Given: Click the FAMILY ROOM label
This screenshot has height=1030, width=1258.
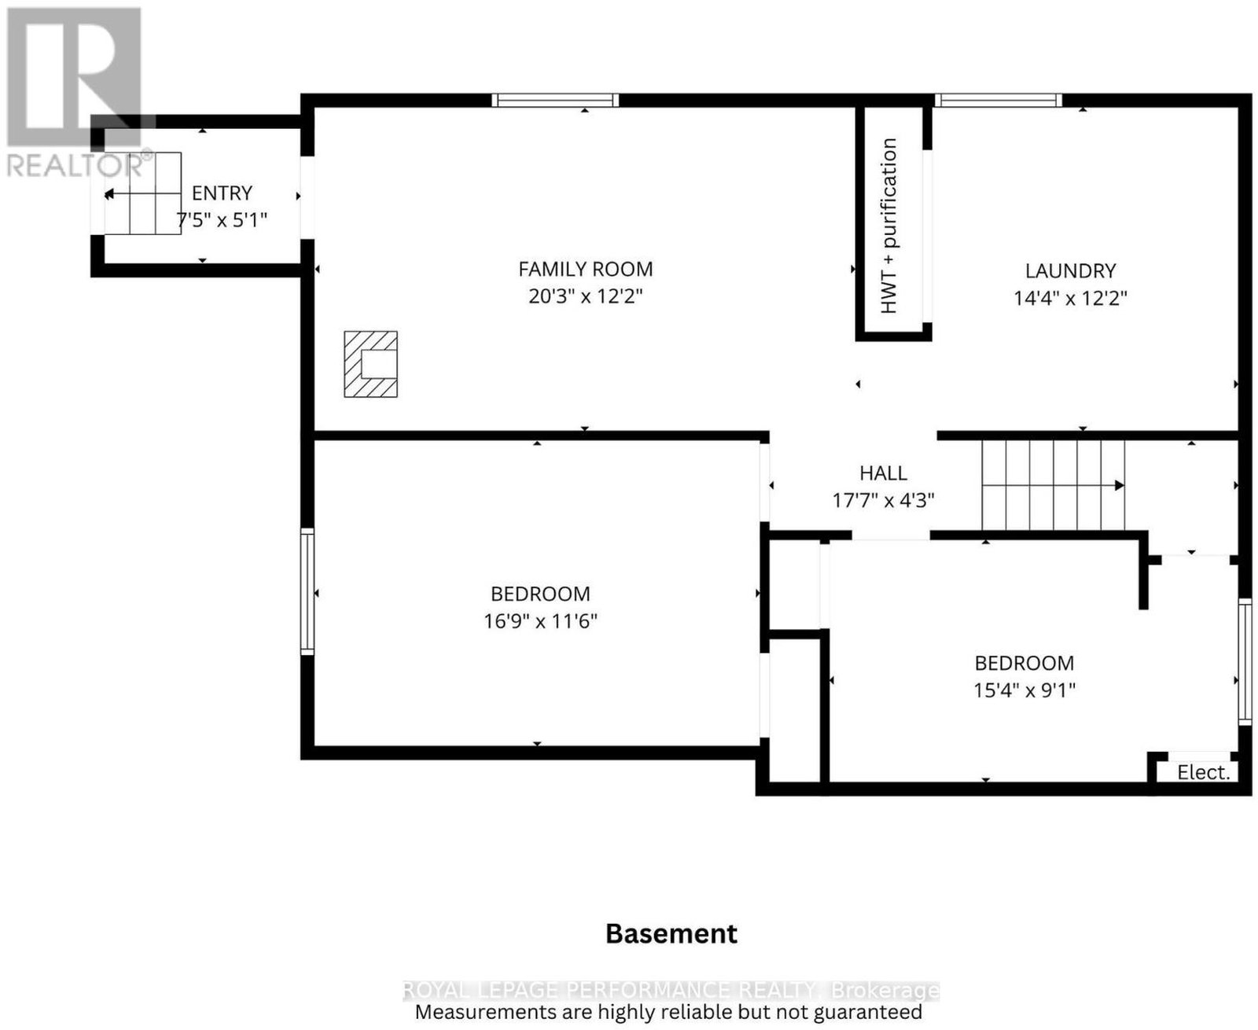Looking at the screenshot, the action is (x=585, y=270).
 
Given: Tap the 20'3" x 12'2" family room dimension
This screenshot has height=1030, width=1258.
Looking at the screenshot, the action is (x=585, y=296).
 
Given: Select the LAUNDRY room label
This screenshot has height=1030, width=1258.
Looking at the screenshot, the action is (x=1070, y=271).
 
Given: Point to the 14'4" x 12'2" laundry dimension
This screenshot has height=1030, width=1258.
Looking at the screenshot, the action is (x=1070, y=298).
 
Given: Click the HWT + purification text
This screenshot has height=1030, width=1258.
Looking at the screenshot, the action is (x=888, y=226).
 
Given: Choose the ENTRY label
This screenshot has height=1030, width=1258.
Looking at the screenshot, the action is (x=222, y=193).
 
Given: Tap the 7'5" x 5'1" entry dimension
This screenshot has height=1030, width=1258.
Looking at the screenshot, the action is (x=222, y=220).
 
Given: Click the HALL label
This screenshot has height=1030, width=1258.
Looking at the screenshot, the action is (x=884, y=473).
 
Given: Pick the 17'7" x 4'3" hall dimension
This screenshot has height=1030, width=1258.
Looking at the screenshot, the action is (x=884, y=500).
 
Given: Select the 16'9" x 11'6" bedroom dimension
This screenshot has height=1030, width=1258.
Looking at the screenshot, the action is (x=540, y=621).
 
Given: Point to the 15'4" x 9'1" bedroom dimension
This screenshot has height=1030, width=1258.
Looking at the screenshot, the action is (x=1024, y=690).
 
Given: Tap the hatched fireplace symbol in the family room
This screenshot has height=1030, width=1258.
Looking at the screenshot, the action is (x=370, y=364).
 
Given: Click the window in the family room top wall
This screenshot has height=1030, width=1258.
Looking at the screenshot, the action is (x=555, y=100).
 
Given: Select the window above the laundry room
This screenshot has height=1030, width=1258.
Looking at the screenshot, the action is (x=998, y=100).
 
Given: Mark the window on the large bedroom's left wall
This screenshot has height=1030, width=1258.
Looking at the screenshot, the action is (x=307, y=591).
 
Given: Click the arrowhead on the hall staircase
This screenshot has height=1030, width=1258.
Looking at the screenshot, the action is (x=1120, y=485).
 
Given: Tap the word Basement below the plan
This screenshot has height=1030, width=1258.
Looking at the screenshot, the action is (x=671, y=935).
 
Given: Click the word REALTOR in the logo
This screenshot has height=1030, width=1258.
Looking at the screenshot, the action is (x=75, y=165).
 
